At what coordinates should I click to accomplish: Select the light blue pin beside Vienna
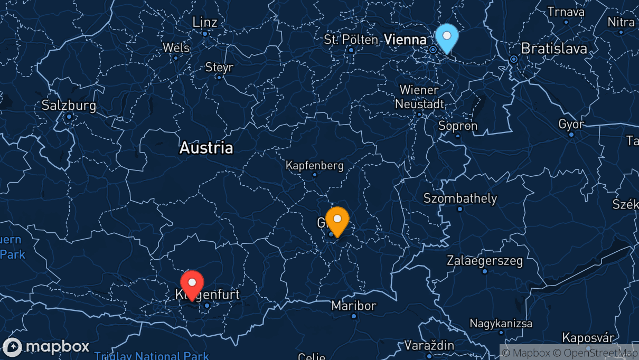447,37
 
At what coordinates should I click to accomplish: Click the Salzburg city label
69,106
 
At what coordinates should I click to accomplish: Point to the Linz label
205,22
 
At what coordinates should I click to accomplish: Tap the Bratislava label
553,49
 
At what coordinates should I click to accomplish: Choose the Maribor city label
354,306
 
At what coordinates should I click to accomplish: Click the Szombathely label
460,198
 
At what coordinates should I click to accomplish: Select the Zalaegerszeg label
485,260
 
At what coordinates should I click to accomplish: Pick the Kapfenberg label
315,165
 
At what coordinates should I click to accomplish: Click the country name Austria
206,147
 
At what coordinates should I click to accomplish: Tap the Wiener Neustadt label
419,97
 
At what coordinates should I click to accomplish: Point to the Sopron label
458,126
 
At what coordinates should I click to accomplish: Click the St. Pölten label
351,40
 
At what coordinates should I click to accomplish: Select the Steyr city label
219,68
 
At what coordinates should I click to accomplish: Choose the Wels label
176,48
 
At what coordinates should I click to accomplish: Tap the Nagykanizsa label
501,323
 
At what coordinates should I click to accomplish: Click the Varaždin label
429,346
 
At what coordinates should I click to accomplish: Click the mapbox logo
46,347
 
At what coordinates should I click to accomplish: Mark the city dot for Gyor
571,134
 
